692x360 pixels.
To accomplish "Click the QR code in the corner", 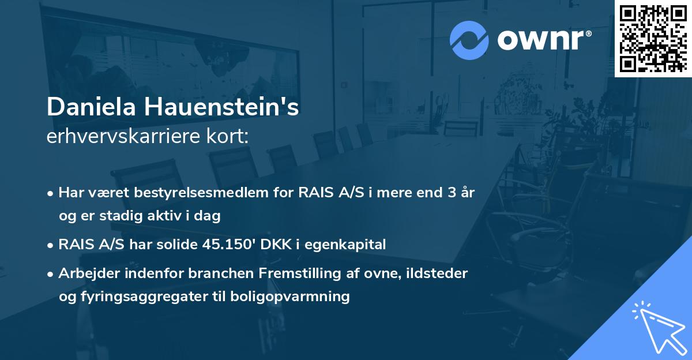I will point(653,38).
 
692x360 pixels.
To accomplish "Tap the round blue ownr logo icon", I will point(469,40).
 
